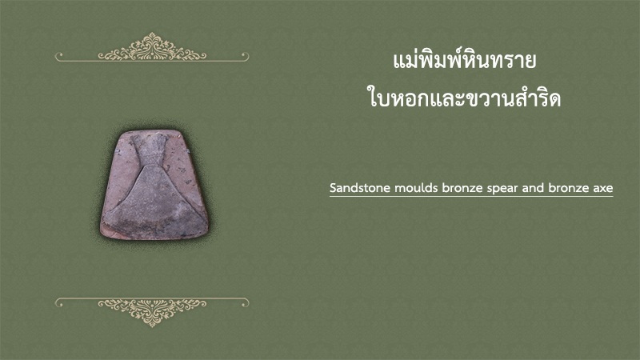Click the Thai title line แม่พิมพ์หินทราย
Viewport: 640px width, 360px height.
click(464, 61)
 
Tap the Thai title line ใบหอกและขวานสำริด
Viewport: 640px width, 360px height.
click(464, 97)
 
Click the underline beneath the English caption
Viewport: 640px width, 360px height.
click(471, 196)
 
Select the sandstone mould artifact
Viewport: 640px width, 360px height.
click(154, 185)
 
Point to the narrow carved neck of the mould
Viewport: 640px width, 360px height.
click(154, 151)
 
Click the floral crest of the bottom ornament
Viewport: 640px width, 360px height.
click(152, 312)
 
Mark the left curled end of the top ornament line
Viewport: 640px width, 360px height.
click(58, 55)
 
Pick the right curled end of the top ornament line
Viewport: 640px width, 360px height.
click(246, 55)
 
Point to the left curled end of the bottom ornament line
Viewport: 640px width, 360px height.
click(58, 303)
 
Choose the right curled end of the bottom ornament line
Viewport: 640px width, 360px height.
click(246, 303)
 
